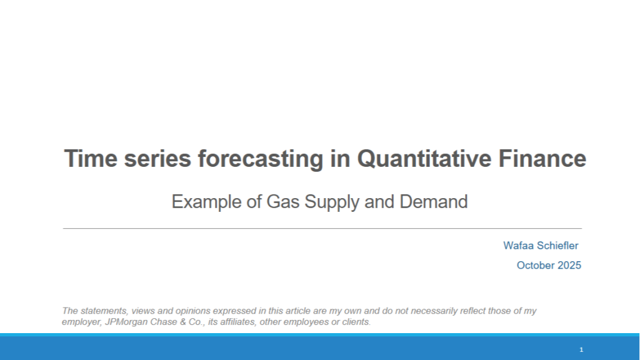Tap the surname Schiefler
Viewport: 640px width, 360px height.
tap(558, 246)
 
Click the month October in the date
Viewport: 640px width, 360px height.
tap(535, 265)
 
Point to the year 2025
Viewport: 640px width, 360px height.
tap(569, 265)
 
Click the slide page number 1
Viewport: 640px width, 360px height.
tap(581, 349)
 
